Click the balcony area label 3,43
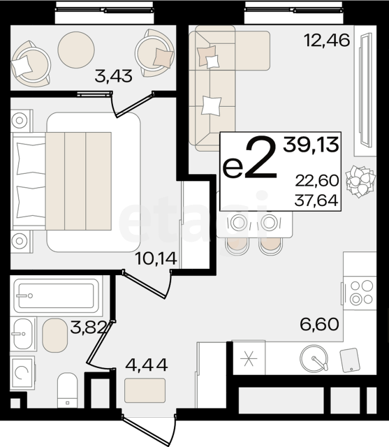(113, 76)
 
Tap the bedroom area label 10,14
(156, 258)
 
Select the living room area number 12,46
(327, 40)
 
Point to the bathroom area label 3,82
(88, 328)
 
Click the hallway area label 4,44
(147, 365)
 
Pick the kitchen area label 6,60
(319, 324)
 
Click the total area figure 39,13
(311, 145)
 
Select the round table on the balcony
(76, 50)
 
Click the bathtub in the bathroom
(57, 296)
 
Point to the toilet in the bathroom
(68, 390)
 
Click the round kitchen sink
(314, 358)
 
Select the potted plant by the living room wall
(360, 182)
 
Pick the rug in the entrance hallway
(145, 390)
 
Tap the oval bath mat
(55, 335)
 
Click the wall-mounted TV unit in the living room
(365, 90)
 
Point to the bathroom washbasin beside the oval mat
(23, 334)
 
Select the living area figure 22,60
(317, 180)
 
